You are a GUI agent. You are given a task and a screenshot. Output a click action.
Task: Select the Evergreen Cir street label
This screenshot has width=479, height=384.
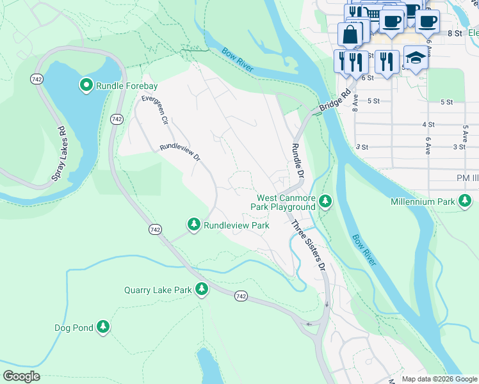[155, 109]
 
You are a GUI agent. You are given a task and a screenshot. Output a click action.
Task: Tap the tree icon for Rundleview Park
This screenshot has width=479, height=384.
[194, 225]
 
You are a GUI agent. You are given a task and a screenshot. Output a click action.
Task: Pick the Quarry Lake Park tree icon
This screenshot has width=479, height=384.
[202, 289]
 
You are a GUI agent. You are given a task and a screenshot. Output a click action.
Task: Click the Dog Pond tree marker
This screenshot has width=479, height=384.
[103, 328]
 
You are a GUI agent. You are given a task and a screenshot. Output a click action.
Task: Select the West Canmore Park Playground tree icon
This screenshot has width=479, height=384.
[326, 202]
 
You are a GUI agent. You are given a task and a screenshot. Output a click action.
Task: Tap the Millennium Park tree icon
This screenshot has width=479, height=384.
[466, 202]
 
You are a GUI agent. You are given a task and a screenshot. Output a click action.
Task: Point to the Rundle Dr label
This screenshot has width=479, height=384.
[296, 161]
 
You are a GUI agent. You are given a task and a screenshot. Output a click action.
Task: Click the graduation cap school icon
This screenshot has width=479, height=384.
[416, 58]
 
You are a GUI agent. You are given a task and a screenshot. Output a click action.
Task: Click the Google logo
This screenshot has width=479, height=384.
[21, 376]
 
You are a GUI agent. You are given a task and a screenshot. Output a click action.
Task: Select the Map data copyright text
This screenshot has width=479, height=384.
[439, 379]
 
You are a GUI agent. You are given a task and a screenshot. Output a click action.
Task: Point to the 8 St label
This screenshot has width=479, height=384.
[455, 33]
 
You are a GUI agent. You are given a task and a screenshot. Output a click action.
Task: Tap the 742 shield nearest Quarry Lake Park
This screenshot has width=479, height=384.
[240, 296]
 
